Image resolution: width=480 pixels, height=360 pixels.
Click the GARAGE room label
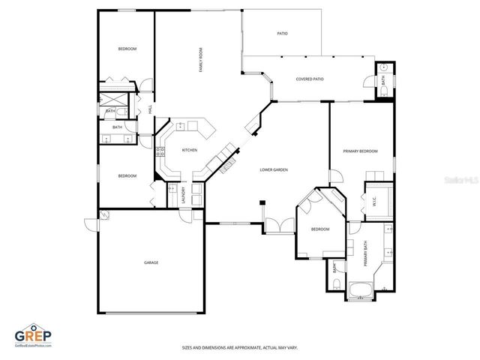151,262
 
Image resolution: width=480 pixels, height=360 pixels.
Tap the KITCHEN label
190,150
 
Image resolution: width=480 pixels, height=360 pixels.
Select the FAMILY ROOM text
200,60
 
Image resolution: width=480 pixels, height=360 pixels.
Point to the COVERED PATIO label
310,79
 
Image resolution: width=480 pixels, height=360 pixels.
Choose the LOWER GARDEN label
274,170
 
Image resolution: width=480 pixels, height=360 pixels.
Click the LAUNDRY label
184,194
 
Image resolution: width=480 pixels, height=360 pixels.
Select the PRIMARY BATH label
366,256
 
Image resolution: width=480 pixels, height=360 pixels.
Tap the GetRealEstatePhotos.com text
34,346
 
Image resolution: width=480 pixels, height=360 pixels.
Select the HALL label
150,109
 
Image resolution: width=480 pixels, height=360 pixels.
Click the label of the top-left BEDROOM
127,49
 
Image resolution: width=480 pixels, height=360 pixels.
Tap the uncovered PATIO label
282,34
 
